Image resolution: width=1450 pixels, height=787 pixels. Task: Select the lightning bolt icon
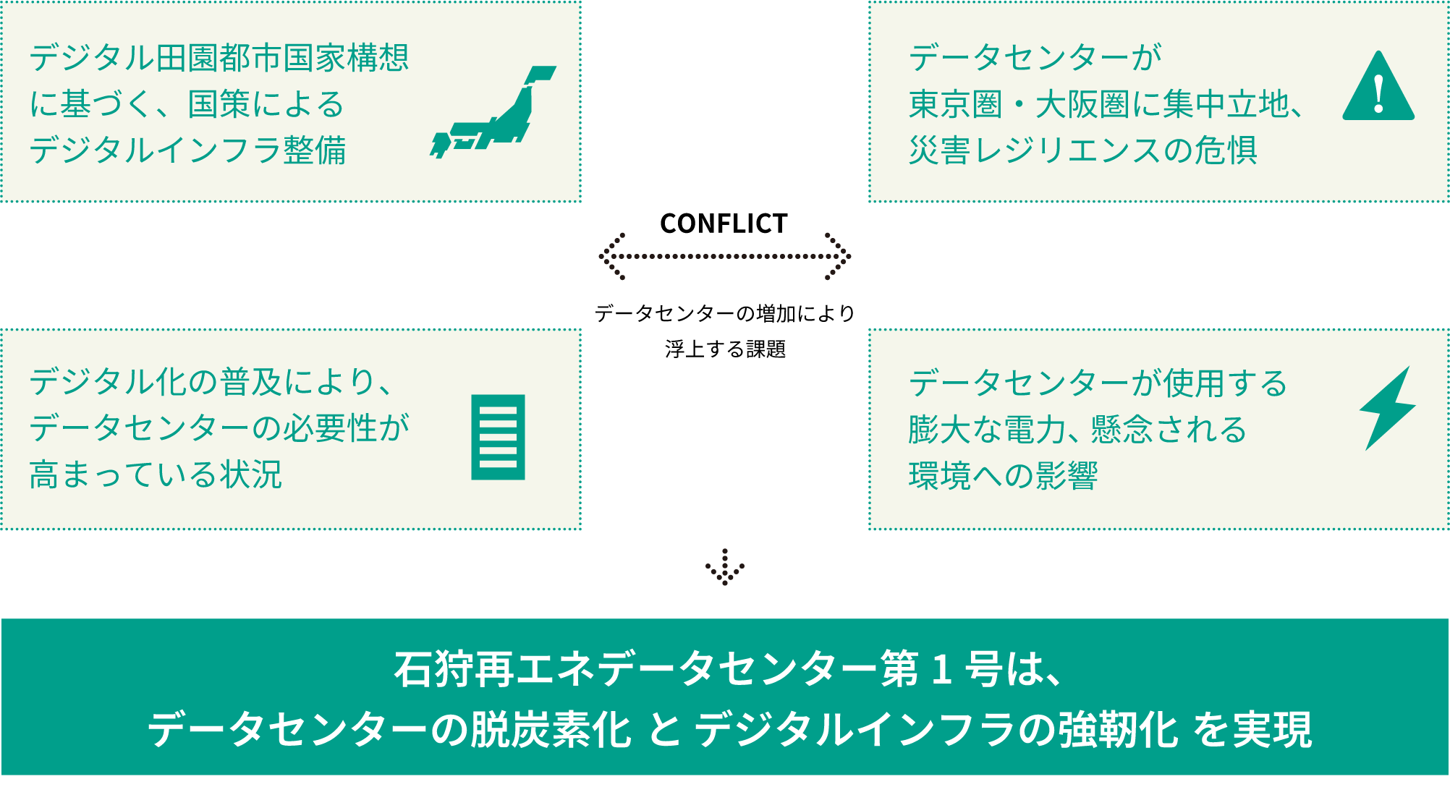pos(1387,408)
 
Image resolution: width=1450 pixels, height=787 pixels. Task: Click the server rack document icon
pos(498,437)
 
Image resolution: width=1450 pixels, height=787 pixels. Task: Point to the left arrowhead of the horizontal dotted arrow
pos(611,256)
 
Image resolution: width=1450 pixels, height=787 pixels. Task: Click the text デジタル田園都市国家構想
pos(219,58)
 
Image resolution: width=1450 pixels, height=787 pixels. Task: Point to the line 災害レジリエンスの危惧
pos(1082,150)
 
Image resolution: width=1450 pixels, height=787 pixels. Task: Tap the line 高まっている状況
pos(156,475)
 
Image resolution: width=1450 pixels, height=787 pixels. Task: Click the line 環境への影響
pos(1003,476)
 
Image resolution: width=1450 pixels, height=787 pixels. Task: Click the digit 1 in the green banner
pos(941,669)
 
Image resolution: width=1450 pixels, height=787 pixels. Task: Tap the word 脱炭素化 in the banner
pos(551,729)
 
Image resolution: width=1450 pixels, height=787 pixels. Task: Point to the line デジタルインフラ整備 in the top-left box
pos(187,150)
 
